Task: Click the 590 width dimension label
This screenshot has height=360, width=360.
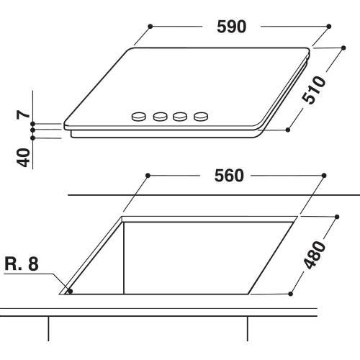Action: pyautogui.click(x=233, y=26)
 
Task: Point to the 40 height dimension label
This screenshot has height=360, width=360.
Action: pyautogui.click(x=24, y=156)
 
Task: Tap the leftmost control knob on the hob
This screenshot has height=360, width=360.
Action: pyautogui.click(x=137, y=115)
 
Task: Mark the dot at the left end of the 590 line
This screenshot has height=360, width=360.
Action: pyautogui.click(x=150, y=26)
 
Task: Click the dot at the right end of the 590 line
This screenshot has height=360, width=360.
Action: pyautogui.click(x=328, y=26)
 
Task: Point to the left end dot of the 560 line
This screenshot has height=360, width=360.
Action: pyautogui.click(x=147, y=175)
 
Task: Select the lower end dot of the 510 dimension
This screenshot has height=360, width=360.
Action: pyautogui.click(x=288, y=130)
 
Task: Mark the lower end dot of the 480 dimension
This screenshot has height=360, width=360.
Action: pyautogui.click(x=292, y=293)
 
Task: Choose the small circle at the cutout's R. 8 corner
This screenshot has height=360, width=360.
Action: pyautogui.click(x=70, y=292)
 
